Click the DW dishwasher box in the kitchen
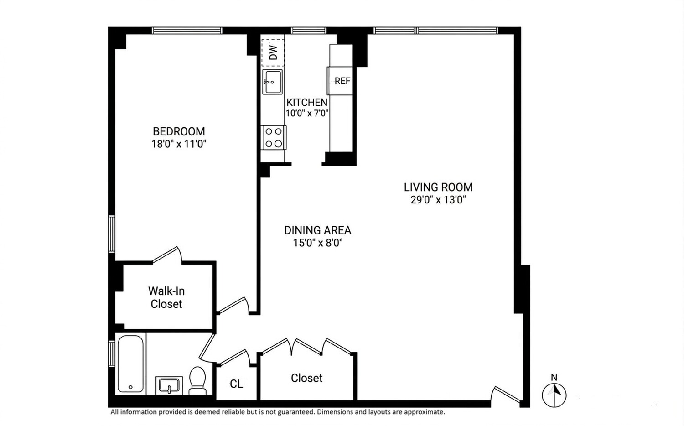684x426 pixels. tap(273, 52)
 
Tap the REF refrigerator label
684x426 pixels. tap(342, 81)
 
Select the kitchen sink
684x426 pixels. tap(272, 82)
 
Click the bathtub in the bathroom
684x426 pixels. tap(130, 364)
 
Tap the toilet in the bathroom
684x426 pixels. tap(197, 381)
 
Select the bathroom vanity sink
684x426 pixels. tap(169, 385)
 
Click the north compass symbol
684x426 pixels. tap(554, 395)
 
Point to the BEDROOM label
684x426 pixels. tap(179, 131)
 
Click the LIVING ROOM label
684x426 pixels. tap(438, 187)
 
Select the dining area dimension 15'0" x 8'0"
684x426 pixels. tap(317, 243)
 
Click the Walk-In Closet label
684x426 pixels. tap(166, 297)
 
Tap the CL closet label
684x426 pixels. tap(236, 384)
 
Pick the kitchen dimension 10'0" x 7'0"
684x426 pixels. tap(307, 113)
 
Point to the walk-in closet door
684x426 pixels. tap(167, 255)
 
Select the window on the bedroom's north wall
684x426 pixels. tap(187, 31)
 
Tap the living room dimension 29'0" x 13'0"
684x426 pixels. tap(438, 199)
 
